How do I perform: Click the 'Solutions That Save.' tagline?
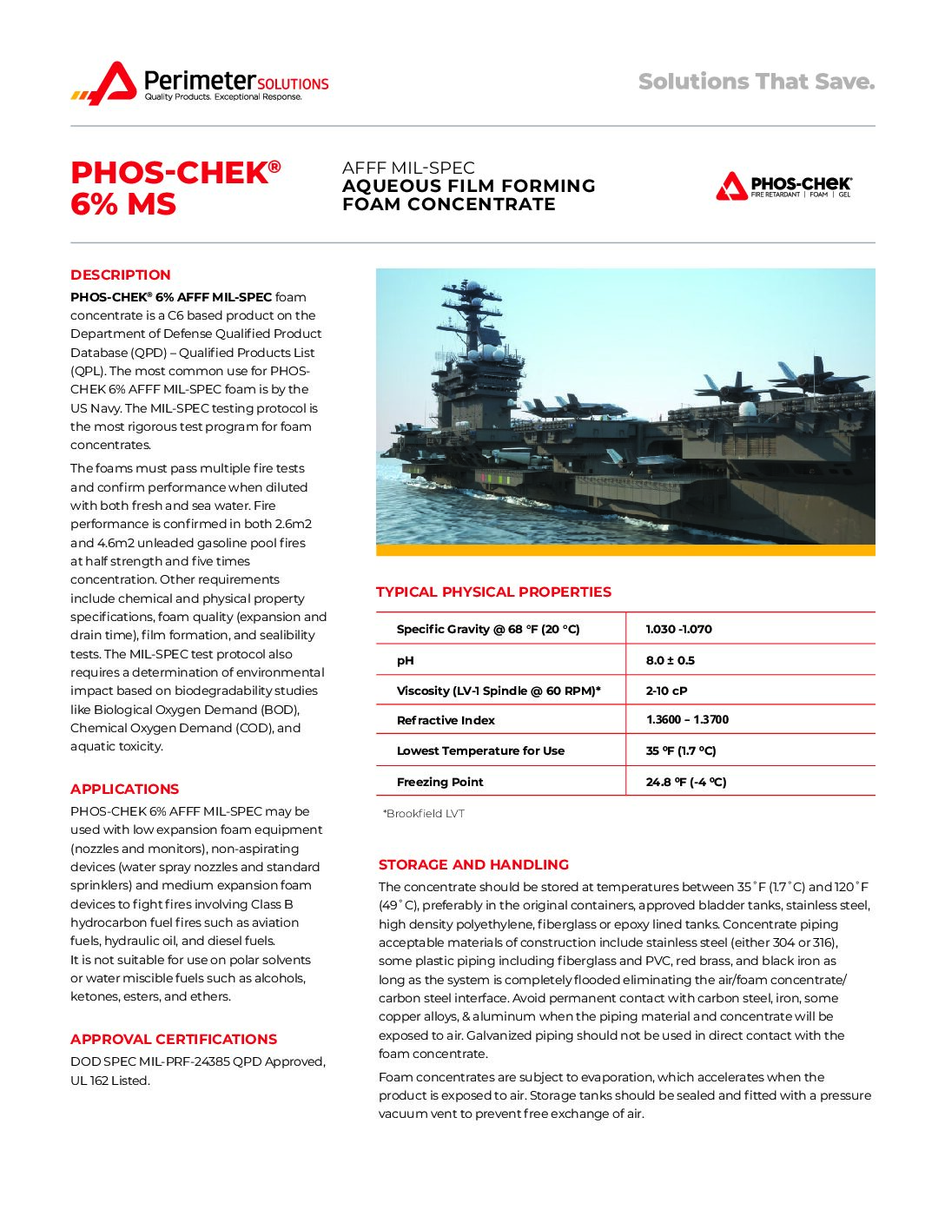(x=756, y=82)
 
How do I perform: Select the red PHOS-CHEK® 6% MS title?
(x=175, y=188)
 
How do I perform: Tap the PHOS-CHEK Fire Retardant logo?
(x=783, y=186)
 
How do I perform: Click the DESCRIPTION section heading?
(x=121, y=275)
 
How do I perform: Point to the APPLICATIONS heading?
(x=124, y=790)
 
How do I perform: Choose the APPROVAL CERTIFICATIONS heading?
(x=174, y=1040)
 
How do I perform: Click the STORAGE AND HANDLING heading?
(x=473, y=865)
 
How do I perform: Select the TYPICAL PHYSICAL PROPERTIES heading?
(x=493, y=592)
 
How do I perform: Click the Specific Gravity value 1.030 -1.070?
(x=678, y=629)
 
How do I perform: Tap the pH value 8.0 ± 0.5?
(x=670, y=661)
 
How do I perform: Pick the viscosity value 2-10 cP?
(x=666, y=691)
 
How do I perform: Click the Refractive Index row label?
(x=446, y=721)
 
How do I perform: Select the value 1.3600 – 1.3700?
(x=687, y=720)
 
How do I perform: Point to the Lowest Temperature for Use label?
(x=480, y=751)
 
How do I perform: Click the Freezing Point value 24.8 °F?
(x=685, y=783)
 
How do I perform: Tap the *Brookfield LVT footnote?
(x=423, y=814)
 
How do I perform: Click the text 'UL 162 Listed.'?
(x=110, y=1081)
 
